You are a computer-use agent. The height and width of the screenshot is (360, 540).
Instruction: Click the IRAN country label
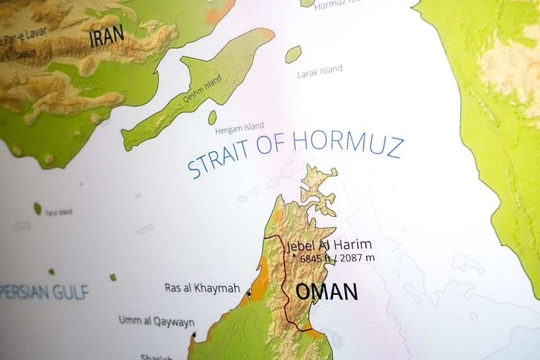tap(107, 36)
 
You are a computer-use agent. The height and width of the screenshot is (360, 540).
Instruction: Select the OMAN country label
tap(326, 291)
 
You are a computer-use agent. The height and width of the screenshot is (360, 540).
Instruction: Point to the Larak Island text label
tap(320, 71)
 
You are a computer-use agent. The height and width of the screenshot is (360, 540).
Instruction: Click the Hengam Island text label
tap(239, 128)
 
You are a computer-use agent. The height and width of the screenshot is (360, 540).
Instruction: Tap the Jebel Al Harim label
tap(330, 246)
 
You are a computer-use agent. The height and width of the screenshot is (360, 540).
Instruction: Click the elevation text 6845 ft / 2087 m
tap(337, 258)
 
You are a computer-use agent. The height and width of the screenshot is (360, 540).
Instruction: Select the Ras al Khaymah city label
tap(202, 288)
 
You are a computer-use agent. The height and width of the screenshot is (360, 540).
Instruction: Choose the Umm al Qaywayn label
tap(156, 321)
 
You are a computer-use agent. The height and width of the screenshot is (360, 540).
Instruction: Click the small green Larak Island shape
tap(293, 54)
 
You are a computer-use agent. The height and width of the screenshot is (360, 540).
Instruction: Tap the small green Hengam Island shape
tap(213, 117)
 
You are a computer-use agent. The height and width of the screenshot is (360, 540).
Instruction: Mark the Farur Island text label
tap(59, 212)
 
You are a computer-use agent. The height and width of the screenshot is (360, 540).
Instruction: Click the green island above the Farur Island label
tap(37, 208)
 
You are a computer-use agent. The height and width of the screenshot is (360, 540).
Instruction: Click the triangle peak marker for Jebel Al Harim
tap(294, 256)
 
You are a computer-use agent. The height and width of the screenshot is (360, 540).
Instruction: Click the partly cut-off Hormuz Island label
tap(337, 5)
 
